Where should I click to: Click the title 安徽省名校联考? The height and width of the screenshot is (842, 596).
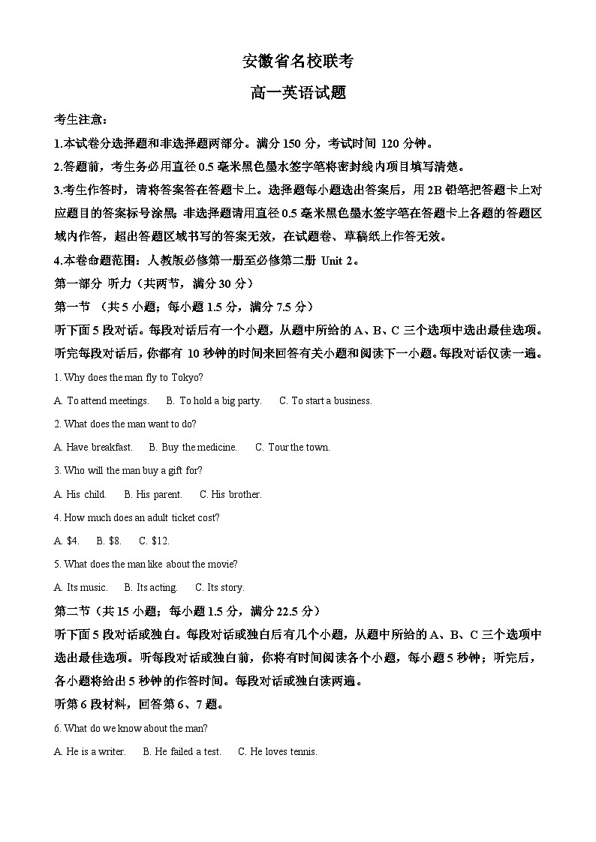point(298,61)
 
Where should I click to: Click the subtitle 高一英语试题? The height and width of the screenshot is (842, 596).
point(298,93)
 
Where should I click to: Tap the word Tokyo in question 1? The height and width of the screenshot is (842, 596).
point(186,377)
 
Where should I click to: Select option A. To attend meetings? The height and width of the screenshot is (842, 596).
point(101,400)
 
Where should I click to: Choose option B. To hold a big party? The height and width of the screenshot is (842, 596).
point(214,400)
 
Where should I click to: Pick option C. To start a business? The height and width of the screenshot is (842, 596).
point(326,400)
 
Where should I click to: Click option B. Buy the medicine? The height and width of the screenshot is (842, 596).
point(193,447)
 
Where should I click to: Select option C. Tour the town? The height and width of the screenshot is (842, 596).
point(293,447)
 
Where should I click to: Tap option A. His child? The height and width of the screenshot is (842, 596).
point(80,494)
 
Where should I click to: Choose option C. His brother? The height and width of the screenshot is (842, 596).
point(230,494)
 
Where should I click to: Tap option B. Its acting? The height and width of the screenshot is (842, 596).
point(151,587)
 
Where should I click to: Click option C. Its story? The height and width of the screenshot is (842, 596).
point(220,587)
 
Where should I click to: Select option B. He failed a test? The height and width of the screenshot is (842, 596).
point(182,751)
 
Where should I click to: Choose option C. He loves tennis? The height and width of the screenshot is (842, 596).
point(278,751)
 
